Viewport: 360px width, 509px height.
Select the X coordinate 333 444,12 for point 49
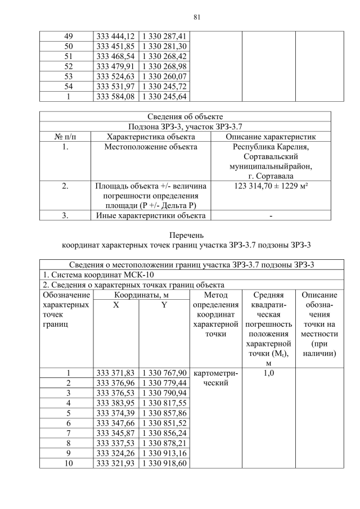tap(115, 35)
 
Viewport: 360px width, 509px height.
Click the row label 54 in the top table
tap(66, 86)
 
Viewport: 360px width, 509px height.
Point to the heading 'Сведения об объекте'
tap(185, 116)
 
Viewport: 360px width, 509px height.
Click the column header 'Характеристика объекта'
tap(150, 137)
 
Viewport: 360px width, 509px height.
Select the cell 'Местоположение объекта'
tap(150, 147)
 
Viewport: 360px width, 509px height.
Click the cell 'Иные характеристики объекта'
tap(150, 215)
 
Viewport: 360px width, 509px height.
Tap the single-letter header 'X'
tap(115, 305)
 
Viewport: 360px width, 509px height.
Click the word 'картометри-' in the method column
tap(215, 372)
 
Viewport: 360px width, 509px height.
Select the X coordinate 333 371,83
tap(115, 372)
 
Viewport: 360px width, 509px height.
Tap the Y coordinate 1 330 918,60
tap(163, 463)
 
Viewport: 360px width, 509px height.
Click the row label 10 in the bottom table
tap(66, 463)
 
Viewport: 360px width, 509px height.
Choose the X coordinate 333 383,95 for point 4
tap(115, 403)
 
